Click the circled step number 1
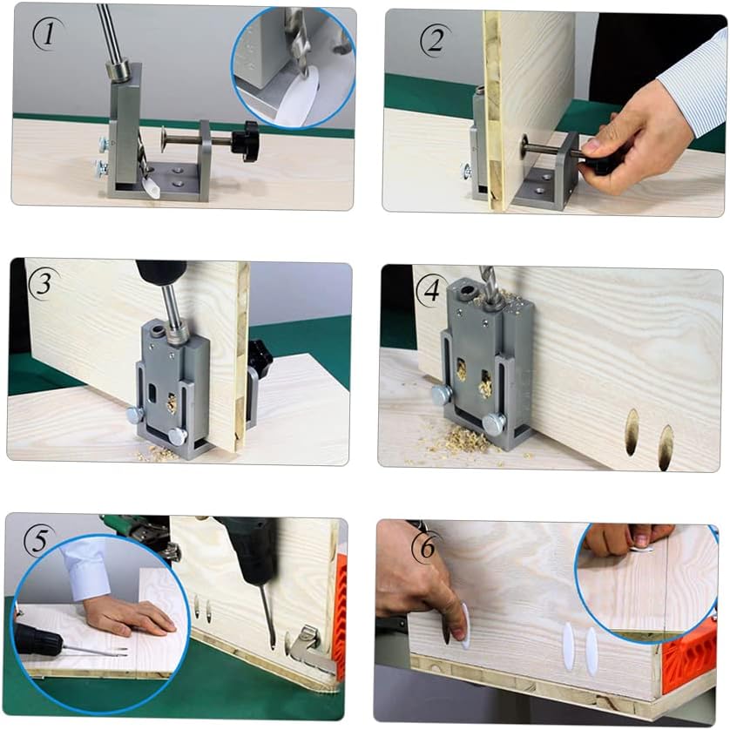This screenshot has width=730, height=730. tap(45, 33)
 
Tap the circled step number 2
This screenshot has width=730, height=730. tap(432, 40)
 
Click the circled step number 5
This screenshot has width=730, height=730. tap(39, 541)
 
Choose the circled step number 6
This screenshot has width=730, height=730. tap(427, 548)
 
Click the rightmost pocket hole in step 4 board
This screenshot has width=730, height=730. tap(666, 447)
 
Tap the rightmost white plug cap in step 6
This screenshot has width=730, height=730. tap(592, 646)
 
